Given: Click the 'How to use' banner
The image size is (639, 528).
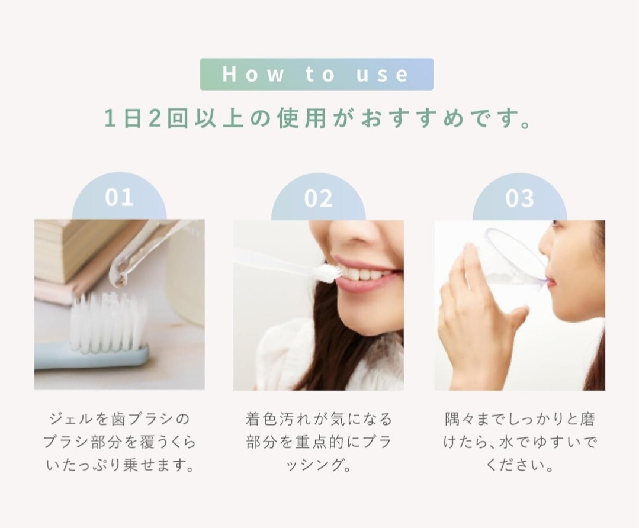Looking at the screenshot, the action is pyautogui.click(x=317, y=74).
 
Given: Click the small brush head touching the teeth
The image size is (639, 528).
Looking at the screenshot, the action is pyautogui.click(x=325, y=270).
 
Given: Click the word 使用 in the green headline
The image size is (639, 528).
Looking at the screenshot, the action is pyautogui.click(x=302, y=118).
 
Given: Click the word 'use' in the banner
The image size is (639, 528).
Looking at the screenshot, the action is pyautogui.click(x=382, y=74).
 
